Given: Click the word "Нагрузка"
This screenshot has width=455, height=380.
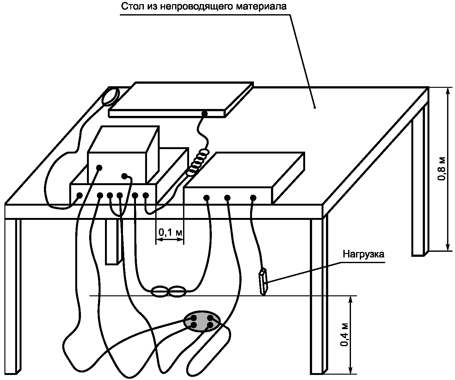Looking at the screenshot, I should pos(364,255).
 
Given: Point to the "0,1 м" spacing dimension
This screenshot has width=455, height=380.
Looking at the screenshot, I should pos(170,233).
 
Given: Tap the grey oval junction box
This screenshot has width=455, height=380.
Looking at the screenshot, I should pos(201,321).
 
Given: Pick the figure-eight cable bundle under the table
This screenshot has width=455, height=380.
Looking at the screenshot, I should pos(168,292).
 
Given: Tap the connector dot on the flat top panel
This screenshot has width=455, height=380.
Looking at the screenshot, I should pos(205,113).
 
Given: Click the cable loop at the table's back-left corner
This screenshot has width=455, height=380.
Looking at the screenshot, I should pos(110,96).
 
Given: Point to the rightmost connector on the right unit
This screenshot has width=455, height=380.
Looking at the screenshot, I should pos(253,198).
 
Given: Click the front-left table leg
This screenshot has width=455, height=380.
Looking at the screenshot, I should pos(13,294).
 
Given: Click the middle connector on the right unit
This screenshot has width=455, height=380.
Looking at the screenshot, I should pos(227,198).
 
